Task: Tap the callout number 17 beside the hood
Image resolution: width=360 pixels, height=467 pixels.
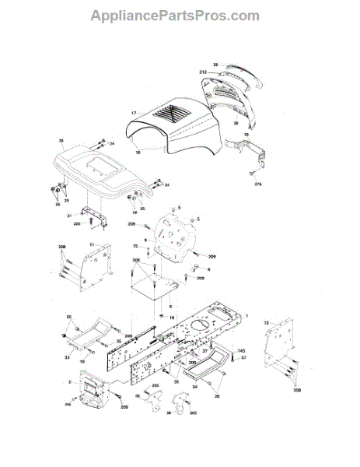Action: tap(134, 114)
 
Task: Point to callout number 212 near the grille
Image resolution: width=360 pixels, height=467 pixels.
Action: tap(203, 72)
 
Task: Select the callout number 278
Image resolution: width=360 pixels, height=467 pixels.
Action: tap(258, 184)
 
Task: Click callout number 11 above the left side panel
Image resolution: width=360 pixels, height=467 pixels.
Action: tap(91, 245)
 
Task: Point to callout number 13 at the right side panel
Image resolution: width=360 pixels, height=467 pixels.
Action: tap(266, 322)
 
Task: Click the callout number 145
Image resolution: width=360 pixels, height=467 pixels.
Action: tap(241, 350)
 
